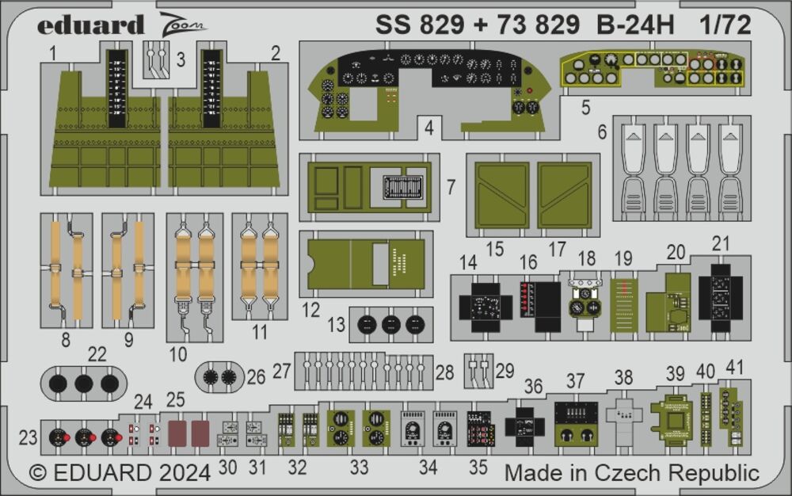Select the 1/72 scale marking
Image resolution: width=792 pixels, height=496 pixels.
pyautogui.click(x=725, y=25)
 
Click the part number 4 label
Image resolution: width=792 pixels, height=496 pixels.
pyautogui.click(x=428, y=127)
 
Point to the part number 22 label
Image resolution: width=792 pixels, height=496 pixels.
pyautogui.click(x=97, y=356)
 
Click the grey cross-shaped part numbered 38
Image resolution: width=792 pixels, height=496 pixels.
pyautogui.click(x=624, y=413)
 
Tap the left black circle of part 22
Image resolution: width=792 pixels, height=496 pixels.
pyautogui.click(x=59, y=384)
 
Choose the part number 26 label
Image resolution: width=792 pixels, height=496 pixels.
pyautogui.click(x=256, y=376)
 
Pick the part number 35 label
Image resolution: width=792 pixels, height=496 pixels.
pyautogui.click(x=478, y=467)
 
